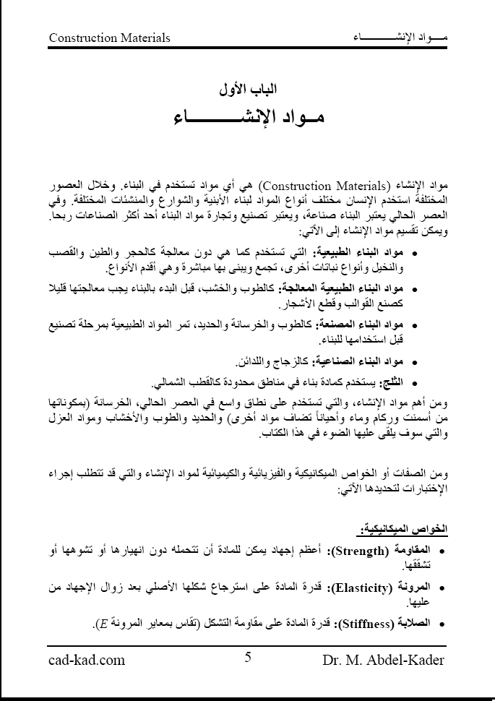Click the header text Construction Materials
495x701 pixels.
(x=110, y=37)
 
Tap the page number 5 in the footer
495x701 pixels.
(x=248, y=657)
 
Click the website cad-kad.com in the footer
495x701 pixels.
(x=87, y=659)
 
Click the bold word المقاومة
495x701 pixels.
(x=427, y=552)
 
